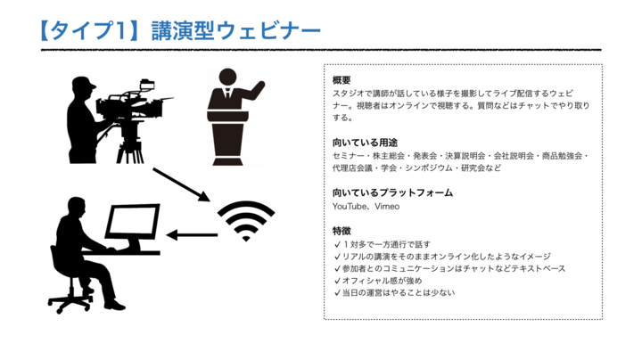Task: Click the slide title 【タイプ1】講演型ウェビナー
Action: coord(180,30)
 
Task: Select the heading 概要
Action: coord(342,80)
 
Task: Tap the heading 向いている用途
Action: coord(365,143)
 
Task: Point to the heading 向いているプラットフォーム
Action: coord(392,192)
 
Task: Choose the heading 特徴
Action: coord(342,231)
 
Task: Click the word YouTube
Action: coord(350,207)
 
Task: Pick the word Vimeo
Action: coord(387,207)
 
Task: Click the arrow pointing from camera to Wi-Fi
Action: coord(181,184)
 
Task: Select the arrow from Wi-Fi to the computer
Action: coord(192,235)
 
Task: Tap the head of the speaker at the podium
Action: coord(227,78)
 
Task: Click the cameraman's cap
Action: coord(84,83)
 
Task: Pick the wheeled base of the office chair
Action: coord(70,303)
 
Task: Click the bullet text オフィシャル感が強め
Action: coord(382,281)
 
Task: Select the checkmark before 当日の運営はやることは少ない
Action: coord(337,293)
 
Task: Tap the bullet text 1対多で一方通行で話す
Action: coord(386,245)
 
